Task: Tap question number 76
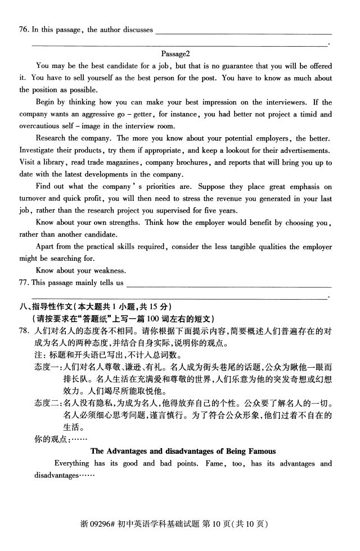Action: click(x=24, y=30)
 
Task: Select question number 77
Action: click(x=24, y=282)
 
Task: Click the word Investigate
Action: click(x=39, y=150)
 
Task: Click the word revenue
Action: click(x=217, y=198)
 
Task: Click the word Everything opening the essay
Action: click(x=71, y=463)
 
